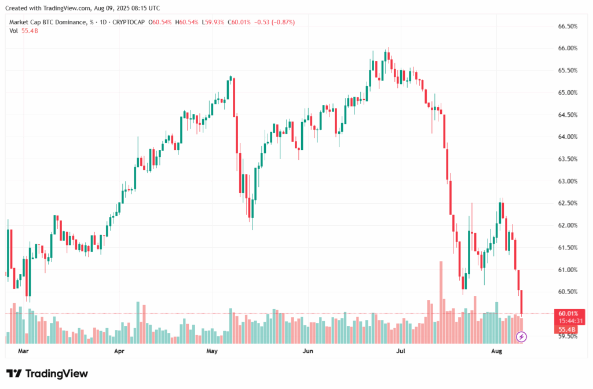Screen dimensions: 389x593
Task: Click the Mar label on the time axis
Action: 23,351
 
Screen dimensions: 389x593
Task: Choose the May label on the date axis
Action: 212,351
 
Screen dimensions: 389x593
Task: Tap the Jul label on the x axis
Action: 401,351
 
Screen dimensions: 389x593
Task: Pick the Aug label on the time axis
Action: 497,351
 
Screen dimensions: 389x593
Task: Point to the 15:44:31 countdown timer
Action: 571,321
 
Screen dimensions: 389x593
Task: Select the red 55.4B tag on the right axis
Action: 568,329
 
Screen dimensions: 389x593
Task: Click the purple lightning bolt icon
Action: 521,336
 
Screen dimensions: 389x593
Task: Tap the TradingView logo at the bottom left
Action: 47,373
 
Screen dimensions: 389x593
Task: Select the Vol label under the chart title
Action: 13,31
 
